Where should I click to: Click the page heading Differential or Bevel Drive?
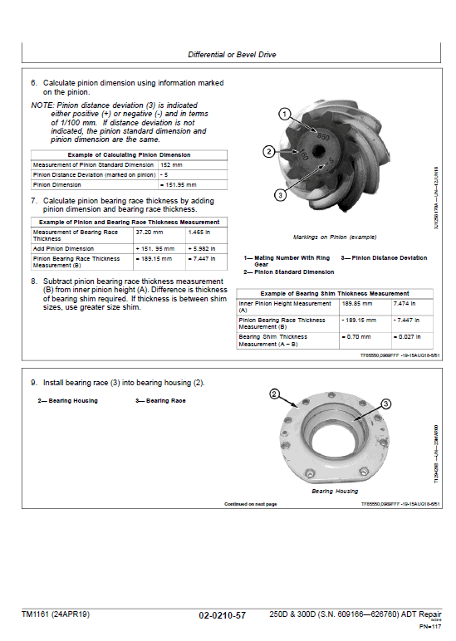point(232,55)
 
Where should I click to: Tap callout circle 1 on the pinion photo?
point(284,114)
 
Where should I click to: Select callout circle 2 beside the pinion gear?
point(269,151)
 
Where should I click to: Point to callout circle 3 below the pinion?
point(281,194)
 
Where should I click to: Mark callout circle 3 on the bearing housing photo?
point(385,404)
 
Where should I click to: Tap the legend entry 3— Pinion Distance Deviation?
point(384,257)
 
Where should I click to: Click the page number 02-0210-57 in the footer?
point(222,615)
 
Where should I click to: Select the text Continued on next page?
point(250,504)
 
